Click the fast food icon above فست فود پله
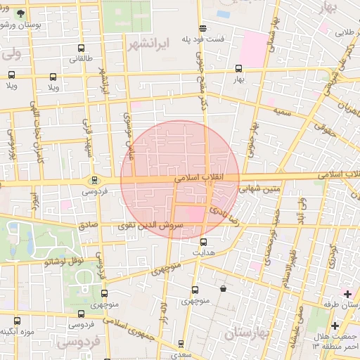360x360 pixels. pyautogui.click(x=203, y=29)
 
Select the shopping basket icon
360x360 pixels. pyautogui.click(x=224, y=288)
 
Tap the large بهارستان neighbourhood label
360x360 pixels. pyautogui.click(x=246, y=334)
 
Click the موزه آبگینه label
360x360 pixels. pyautogui.click(x=18, y=331)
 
